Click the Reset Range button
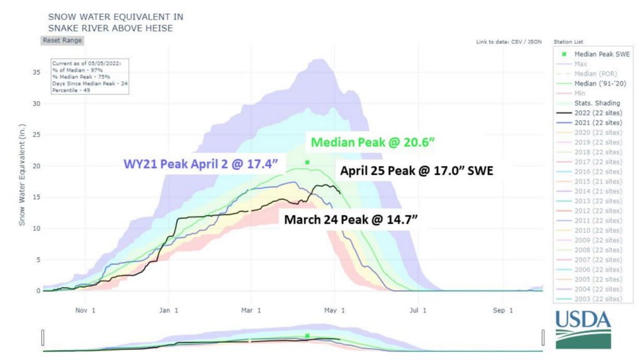(62, 40)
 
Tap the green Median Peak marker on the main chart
(307, 162)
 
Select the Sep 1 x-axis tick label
(500, 310)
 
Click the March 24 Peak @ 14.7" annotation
(350, 220)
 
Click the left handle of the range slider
(43, 337)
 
